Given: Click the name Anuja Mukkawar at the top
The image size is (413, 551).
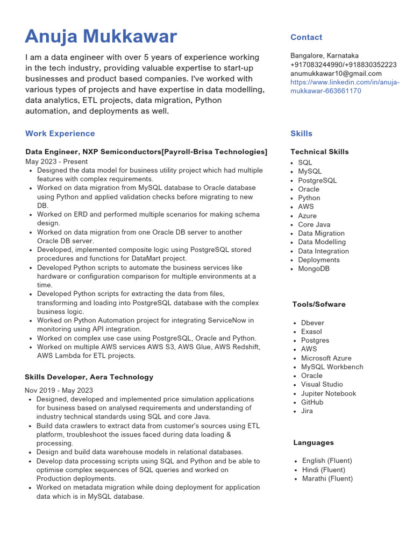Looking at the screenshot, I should click(x=101, y=37).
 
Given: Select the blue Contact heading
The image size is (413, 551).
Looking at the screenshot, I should click(x=306, y=37).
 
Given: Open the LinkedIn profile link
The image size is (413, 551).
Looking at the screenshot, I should click(x=345, y=87).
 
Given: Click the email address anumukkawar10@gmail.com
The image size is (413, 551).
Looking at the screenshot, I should click(x=336, y=73).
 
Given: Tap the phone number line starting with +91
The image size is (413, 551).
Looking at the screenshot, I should click(x=343, y=65).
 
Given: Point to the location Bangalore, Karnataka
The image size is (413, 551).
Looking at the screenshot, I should click(x=324, y=55).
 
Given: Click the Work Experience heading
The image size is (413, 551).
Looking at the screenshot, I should click(x=60, y=133).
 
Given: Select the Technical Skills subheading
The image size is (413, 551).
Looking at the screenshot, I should click(x=319, y=152).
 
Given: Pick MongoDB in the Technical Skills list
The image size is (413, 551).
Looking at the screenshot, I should click(x=314, y=269).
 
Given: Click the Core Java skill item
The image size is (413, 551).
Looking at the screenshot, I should click(x=314, y=224).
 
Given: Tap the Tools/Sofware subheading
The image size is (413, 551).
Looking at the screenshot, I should click(x=319, y=305).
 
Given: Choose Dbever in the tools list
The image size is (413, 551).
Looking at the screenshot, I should click(x=312, y=323).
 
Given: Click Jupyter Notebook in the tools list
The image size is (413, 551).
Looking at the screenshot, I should click(x=328, y=393).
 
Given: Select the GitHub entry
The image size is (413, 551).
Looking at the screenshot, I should click(x=312, y=402).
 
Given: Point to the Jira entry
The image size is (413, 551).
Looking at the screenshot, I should click(x=307, y=411).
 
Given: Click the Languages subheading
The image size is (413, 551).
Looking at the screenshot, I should click(x=314, y=443).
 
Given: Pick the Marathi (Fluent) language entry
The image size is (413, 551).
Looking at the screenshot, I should click(x=327, y=478).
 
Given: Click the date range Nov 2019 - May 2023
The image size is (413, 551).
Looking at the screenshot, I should click(x=59, y=391).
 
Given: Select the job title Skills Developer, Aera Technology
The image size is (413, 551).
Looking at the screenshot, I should click(x=89, y=377).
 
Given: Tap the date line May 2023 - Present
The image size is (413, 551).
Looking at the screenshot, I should click(x=56, y=161).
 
